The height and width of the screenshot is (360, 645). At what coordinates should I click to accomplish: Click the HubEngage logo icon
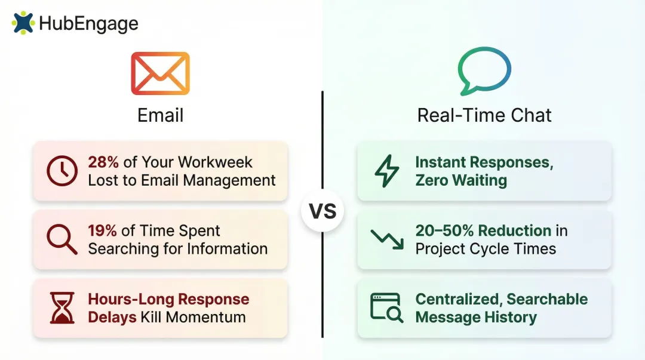point(23,23)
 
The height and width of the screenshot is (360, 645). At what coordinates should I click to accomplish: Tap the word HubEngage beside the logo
point(88,24)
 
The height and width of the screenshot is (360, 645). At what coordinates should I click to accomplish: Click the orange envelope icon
point(160,73)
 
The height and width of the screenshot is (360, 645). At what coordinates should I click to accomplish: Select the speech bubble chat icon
point(484,72)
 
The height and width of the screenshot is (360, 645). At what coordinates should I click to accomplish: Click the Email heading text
point(160,115)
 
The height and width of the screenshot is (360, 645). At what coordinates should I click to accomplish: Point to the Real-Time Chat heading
point(484,115)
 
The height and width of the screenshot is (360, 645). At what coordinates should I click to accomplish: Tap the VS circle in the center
point(322,211)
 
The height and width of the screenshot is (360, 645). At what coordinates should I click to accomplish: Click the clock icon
point(62,171)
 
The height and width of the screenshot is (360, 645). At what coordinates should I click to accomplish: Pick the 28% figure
point(103,162)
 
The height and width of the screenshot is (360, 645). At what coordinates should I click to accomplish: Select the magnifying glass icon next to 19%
point(62,239)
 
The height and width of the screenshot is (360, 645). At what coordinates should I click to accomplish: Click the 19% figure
point(103,231)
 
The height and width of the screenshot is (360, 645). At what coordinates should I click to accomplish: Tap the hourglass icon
point(62,308)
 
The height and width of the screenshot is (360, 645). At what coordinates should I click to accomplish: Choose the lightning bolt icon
point(386,171)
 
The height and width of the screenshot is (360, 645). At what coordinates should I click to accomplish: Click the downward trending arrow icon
point(386,239)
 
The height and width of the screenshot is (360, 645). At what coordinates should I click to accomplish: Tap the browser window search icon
point(386,307)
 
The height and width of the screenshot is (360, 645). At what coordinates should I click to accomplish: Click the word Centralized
point(458,299)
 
